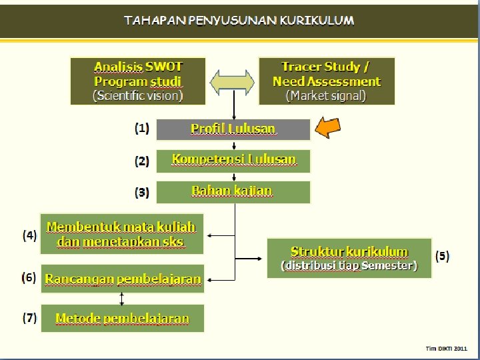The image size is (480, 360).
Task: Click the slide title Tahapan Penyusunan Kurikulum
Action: point(239,20)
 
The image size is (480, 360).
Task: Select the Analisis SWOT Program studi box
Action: point(138,81)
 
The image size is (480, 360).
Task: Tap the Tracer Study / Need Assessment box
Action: point(327,81)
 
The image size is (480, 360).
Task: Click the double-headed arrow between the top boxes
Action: point(233,81)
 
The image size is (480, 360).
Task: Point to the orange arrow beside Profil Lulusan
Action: point(328,127)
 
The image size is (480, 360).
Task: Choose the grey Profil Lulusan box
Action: point(233,129)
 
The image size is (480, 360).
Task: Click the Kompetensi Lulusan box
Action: point(233,160)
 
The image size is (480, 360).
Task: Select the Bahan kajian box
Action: point(233,191)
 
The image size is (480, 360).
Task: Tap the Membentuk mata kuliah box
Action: point(122,234)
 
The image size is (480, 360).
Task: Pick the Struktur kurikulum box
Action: point(349,258)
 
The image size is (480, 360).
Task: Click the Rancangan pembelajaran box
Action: point(123,279)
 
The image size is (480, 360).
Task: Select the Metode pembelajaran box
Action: point(123,318)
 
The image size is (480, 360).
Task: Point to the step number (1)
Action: point(142,128)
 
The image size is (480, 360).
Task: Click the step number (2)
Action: point(142,161)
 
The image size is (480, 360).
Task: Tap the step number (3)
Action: point(142,193)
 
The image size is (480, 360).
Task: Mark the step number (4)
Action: point(29,235)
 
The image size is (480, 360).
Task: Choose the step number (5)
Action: point(442,255)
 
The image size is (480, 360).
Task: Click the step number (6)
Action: point(29,277)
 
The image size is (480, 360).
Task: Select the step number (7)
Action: point(29,317)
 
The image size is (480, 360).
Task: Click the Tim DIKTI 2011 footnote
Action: point(447,348)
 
